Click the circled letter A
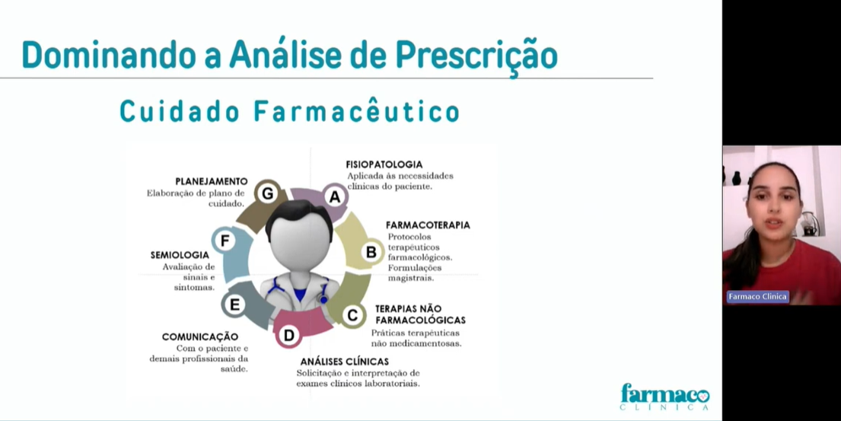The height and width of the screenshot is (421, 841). pyautogui.click(x=335, y=197)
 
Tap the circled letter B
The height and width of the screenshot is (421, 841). pyautogui.click(x=371, y=251)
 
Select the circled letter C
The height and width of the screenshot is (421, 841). pyautogui.click(x=352, y=315)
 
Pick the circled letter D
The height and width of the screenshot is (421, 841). pyautogui.click(x=288, y=336)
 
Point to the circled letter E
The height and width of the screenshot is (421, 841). pyautogui.click(x=234, y=305)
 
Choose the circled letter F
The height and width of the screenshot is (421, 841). pyautogui.click(x=225, y=241)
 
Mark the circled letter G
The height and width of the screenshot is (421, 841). pyautogui.click(x=267, y=193)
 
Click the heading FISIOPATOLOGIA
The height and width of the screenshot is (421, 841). pyautogui.click(x=384, y=164)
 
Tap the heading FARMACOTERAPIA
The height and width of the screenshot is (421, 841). pyautogui.click(x=428, y=225)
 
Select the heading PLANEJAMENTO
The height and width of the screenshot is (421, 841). pyautogui.click(x=212, y=181)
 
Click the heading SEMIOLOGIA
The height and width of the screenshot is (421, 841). pyautogui.click(x=180, y=255)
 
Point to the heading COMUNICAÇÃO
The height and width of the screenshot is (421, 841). pyautogui.click(x=200, y=336)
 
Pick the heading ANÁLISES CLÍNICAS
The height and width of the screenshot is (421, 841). pyautogui.click(x=344, y=362)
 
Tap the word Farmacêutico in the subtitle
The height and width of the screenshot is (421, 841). pyautogui.click(x=357, y=111)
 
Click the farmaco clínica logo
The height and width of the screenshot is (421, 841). pyautogui.click(x=665, y=397)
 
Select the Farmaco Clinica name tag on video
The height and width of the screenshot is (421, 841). pyautogui.click(x=757, y=297)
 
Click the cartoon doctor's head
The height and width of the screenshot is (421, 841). pyautogui.click(x=299, y=236)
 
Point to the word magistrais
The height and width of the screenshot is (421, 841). pyautogui.click(x=411, y=279)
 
